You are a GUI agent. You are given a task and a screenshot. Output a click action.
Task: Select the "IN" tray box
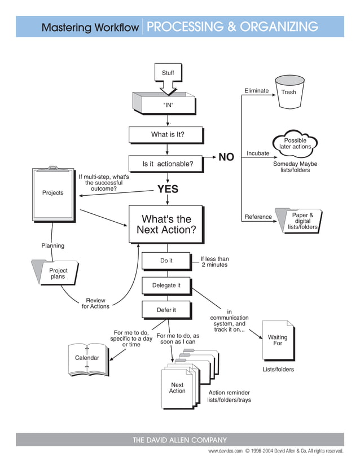point(167,104)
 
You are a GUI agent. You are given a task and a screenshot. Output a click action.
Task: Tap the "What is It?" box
point(167,135)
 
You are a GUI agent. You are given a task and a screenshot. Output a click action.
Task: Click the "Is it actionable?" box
point(167,164)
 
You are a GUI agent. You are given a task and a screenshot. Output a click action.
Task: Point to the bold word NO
point(226,157)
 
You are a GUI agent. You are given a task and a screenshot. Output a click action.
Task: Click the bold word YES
point(168,190)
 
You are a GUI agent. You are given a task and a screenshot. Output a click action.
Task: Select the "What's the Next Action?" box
point(166,225)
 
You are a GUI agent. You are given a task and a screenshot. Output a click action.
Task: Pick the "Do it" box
point(166,261)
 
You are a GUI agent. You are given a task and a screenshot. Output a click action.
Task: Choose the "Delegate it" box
point(166,285)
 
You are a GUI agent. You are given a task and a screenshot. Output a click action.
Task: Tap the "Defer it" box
point(166,310)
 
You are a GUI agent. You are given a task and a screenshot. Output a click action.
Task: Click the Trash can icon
point(288,93)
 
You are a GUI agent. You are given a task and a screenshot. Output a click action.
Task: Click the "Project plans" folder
point(56,274)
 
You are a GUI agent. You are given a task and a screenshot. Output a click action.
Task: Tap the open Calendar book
point(87,359)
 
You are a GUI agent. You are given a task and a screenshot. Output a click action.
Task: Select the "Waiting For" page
point(278,340)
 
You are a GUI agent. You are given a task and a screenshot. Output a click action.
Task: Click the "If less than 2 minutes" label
point(214,262)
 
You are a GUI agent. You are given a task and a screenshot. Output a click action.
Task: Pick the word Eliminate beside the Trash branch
point(256,91)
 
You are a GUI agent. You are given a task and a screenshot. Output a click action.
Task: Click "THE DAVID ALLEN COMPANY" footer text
point(179,440)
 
